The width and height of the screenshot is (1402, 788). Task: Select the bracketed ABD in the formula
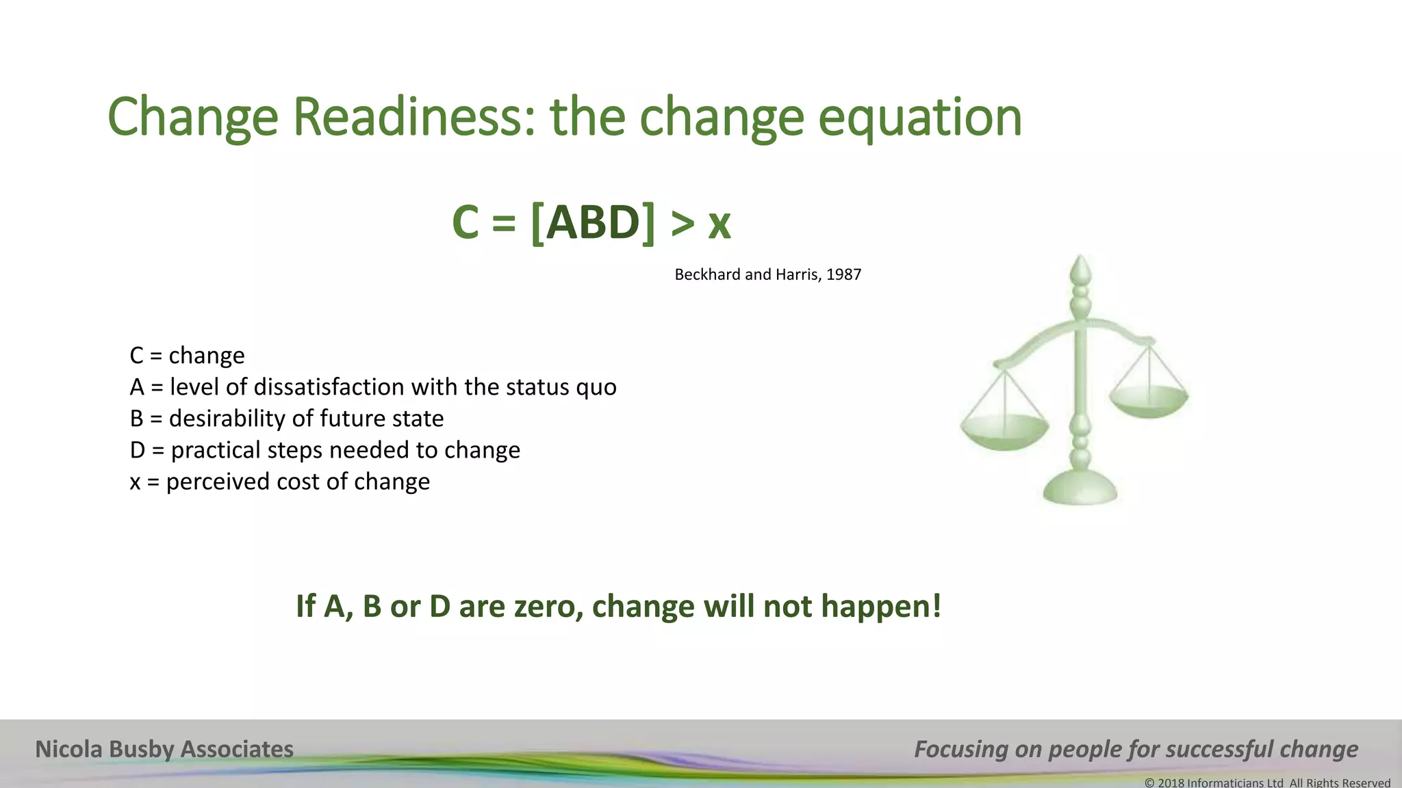pos(593,223)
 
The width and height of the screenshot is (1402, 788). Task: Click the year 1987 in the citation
pos(843,275)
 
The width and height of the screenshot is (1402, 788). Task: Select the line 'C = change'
pos(187,356)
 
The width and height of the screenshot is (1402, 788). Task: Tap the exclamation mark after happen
pos(936,605)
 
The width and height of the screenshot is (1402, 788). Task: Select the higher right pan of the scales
pos(1149,400)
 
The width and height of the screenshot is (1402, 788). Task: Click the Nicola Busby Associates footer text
pos(164,750)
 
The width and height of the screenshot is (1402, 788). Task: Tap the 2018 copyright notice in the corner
pos(1267,782)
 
